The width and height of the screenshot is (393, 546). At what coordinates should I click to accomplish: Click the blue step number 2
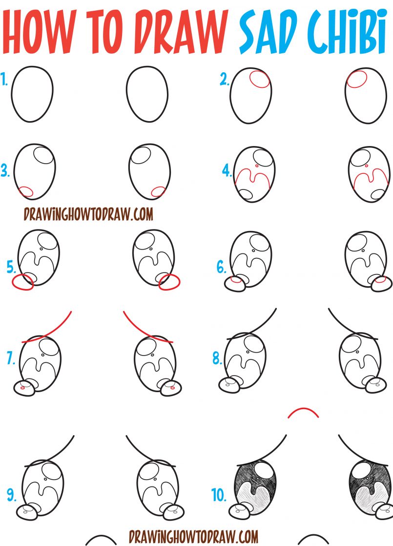click(224, 80)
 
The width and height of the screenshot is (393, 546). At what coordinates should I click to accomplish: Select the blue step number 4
click(227, 171)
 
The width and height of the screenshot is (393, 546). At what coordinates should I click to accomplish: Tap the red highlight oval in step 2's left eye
click(259, 79)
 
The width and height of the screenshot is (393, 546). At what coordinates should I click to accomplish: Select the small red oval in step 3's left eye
click(25, 192)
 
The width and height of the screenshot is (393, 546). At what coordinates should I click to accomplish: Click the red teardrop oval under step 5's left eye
click(23, 282)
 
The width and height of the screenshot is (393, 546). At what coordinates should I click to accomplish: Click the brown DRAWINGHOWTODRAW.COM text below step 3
click(88, 214)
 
